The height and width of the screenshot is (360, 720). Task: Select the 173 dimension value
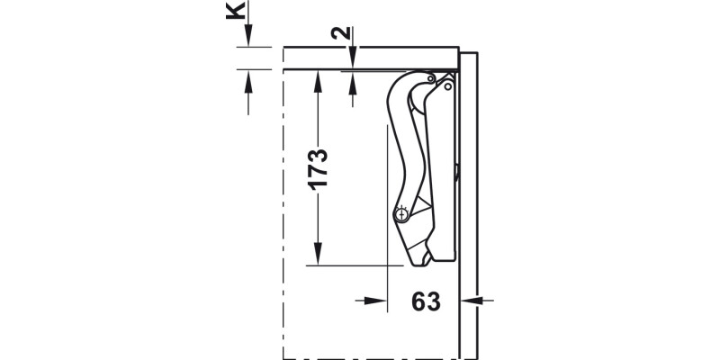(x=318, y=168)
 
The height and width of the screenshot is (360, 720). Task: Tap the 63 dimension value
(x=427, y=301)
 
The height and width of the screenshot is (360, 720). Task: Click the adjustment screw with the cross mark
(x=401, y=214)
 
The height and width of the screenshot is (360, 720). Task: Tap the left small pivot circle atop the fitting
(x=433, y=79)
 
